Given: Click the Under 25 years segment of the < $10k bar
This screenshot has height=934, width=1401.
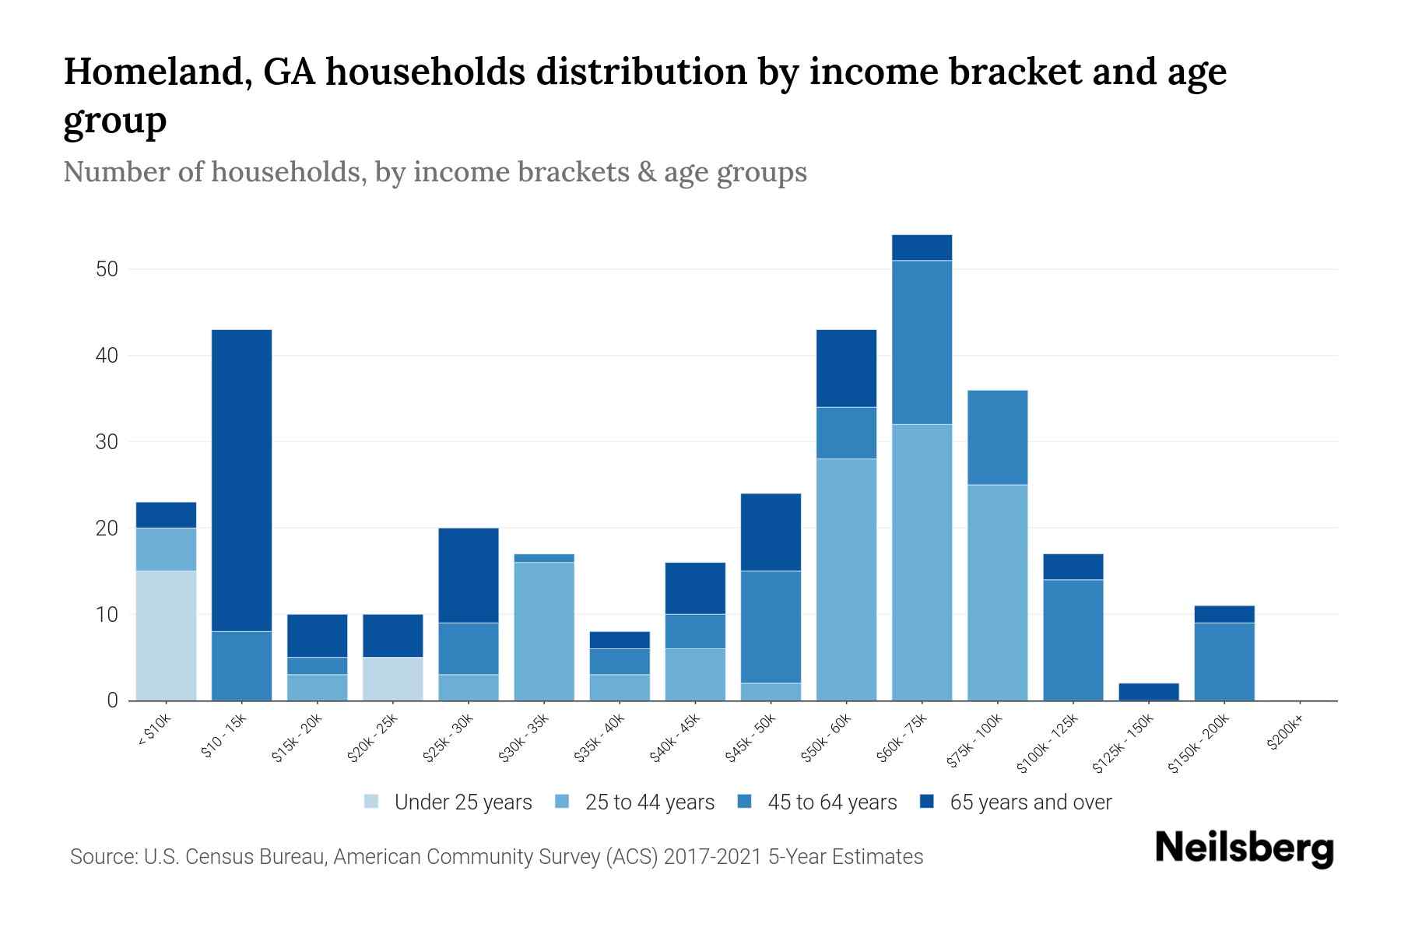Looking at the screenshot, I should [x=166, y=635].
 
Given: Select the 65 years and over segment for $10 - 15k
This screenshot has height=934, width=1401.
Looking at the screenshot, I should [x=241, y=480].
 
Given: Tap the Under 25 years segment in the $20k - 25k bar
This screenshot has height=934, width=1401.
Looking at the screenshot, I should [x=393, y=679].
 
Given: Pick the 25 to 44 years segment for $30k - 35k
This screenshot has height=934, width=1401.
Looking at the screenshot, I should [x=544, y=630].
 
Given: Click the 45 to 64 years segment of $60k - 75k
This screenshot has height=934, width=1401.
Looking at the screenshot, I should [x=922, y=342].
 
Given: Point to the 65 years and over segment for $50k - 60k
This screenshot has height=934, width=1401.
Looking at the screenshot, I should [x=846, y=368].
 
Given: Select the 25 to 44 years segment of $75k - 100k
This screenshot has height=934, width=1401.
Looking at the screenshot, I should [x=997, y=592].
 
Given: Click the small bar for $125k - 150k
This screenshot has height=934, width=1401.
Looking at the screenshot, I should [x=1148, y=692].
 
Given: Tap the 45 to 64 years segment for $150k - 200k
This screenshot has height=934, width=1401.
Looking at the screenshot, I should [x=1224, y=662].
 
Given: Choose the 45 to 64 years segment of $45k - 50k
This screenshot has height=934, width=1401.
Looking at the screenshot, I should [x=771, y=627].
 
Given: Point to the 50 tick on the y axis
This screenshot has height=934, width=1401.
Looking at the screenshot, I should [x=107, y=270].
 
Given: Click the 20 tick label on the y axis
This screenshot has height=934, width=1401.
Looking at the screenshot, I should [x=107, y=528].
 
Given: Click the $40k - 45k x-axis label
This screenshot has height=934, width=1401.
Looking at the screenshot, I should [x=675, y=739].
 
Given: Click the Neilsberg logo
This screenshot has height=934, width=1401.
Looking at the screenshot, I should [x=1244, y=848].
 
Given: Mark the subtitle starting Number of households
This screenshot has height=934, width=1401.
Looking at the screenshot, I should [x=434, y=172].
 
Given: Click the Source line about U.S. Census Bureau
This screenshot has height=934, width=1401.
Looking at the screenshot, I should [x=497, y=857].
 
